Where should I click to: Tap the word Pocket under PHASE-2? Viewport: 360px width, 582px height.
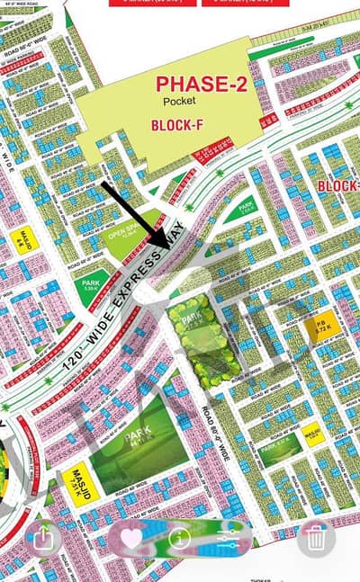tap(180, 102)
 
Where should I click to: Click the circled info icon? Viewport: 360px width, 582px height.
tap(178, 539)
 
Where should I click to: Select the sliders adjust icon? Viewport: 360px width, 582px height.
tap(225, 540)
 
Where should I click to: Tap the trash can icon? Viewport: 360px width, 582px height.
tap(315, 539)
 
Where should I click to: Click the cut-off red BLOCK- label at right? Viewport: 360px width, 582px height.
tap(337, 185)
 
